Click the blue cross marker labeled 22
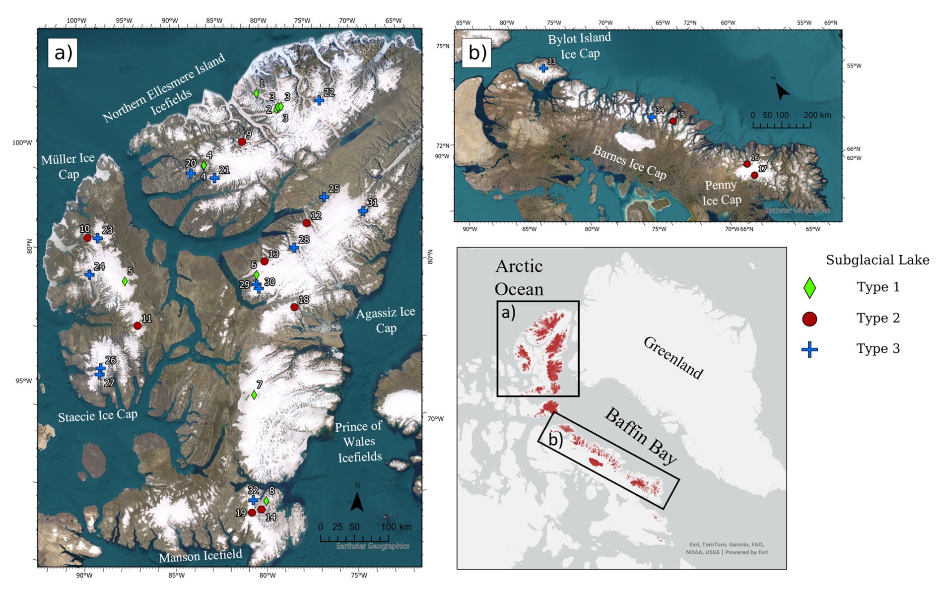click(x=319, y=100)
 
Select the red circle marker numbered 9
click(x=242, y=141)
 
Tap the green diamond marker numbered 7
click(x=254, y=395)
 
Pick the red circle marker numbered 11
click(x=137, y=326)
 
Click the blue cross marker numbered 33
click(x=543, y=68)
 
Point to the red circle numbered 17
click(x=754, y=175)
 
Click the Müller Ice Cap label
click(x=68, y=166)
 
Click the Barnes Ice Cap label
click(x=629, y=162)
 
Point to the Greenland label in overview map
click(x=673, y=357)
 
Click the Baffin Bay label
click(x=640, y=436)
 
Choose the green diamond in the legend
click(x=809, y=288)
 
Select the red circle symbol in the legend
click(x=809, y=319)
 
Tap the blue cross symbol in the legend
click(x=809, y=349)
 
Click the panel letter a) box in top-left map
click(x=63, y=53)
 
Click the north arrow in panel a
click(x=357, y=501)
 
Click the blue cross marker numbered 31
click(x=363, y=211)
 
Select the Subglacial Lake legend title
click(x=877, y=260)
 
